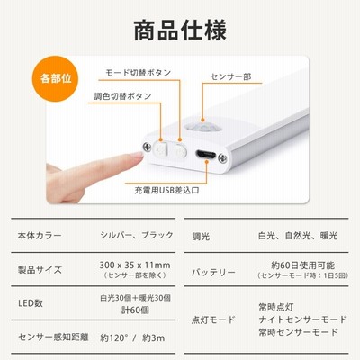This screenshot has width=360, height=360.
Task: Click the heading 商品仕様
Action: [x=180, y=31]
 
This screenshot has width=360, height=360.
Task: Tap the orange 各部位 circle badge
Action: [x=55, y=78]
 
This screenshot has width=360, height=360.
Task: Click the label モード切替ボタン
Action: [x=139, y=73]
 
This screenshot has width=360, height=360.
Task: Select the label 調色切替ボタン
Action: [x=122, y=96]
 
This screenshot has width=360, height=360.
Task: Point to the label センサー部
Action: [x=230, y=76]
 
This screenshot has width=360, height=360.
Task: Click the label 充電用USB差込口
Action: [x=166, y=190]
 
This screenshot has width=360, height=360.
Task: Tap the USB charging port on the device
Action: [x=206, y=155]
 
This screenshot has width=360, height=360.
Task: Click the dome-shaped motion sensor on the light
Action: [x=203, y=127]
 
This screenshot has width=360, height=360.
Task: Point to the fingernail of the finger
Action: [x=136, y=155]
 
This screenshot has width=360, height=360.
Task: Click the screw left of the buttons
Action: [x=147, y=147]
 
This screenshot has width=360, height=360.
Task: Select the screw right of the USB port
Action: [x=222, y=157]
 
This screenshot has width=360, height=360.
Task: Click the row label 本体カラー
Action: [x=40, y=236]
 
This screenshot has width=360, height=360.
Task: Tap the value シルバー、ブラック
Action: [x=137, y=235]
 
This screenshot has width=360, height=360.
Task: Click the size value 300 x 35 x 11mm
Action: [x=135, y=265]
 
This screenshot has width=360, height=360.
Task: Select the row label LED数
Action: [x=31, y=303]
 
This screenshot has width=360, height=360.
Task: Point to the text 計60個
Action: [x=135, y=310]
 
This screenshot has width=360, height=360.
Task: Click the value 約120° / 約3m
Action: [x=132, y=338]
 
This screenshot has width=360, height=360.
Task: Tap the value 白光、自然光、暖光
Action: [x=298, y=236]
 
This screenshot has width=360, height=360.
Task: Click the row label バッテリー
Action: [x=213, y=273]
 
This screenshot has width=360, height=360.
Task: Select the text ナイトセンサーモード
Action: [x=302, y=319]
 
